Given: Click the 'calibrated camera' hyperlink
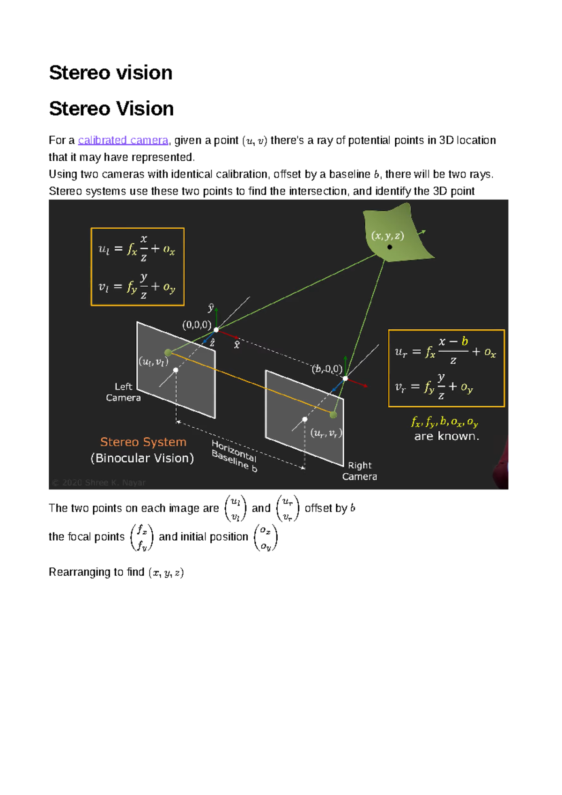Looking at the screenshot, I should [123, 141].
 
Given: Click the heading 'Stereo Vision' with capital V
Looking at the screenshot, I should [111, 109].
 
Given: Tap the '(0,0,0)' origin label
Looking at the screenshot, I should [196, 325].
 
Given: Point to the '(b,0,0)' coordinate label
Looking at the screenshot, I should [326, 369].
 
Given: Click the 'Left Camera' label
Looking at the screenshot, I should [123, 392].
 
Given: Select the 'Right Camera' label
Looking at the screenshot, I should [359, 471].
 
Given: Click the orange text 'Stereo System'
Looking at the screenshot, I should [143, 442].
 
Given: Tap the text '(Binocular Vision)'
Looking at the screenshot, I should [142, 458].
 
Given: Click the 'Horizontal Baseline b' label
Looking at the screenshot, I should [234, 456].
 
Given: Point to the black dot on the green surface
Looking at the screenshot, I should [390, 247].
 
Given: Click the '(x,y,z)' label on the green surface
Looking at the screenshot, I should [387, 236].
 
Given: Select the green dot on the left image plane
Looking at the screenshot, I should [168, 352].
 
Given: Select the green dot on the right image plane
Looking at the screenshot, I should [333, 415].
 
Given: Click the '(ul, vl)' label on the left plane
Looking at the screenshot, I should [153, 362].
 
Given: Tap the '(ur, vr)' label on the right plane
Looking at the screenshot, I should [326, 433].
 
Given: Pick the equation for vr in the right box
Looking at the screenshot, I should [434, 387].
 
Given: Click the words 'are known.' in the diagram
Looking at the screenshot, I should [446, 437].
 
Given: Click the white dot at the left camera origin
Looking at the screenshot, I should [216, 330].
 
